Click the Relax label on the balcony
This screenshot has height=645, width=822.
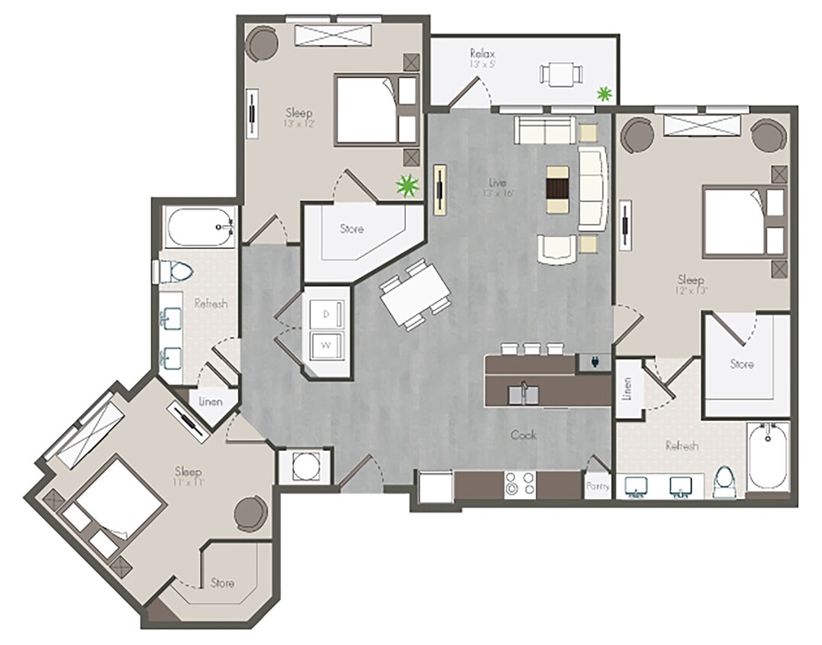pyautogui.click(x=482, y=54)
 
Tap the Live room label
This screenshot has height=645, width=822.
pyautogui.click(x=497, y=182)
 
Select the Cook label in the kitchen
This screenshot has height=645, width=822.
pyautogui.click(x=524, y=435)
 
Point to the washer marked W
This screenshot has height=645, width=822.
pyautogui.click(x=326, y=345)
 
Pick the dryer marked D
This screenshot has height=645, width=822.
pyautogui.click(x=326, y=315)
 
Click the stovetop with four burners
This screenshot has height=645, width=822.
pyautogui.click(x=520, y=484)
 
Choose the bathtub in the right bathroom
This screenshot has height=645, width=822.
pyautogui.click(x=768, y=456)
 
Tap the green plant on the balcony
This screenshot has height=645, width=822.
pyautogui.click(x=604, y=94)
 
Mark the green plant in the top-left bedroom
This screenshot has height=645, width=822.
pyautogui.click(x=409, y=184)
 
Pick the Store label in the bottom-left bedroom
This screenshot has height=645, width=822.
pyautogui.click(x=222, y=583)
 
